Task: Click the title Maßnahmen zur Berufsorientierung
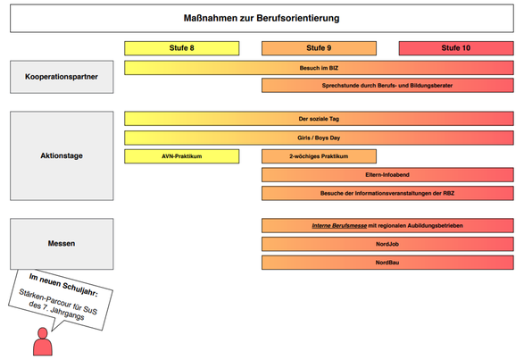pyautogui.click(x=262, y=18)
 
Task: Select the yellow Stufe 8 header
pyautogui.click(x=182, y=48)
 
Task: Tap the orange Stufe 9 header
pyautogui.click(x=319, y=48)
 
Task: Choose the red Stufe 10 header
pyautogui.click(x=456, y=48)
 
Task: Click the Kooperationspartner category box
pyautogui.click(x=62, y=77)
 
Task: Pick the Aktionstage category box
pyautogui.click(x=62, y=156)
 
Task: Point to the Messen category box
pyautogui.click(x=62, y=244)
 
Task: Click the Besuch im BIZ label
pyautogui.click(x=319, y=68)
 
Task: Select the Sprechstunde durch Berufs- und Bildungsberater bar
pyautogui.click(x=387, y=86)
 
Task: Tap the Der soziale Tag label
pyautogui.click(x=319, y=119)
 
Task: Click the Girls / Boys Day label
pyautogui.click(x=319, y=138)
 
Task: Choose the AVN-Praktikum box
pyautogui.click(x=182, y=156)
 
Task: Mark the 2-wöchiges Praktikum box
pyautogui.click(x=319, y=156)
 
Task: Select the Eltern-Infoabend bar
pyautogui.click(x=387, y=175)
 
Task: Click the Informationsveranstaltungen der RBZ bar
pyautogui.click(x=387, y=193)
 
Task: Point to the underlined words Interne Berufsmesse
pyautogui.click(x=339, y=225)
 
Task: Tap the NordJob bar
pyautogui.click(x=387, y=244)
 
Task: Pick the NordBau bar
pyautogui.click(x=387, y=263)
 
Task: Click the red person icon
pyautogui.click(x=43, y=341)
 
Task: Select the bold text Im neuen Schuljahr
pyautogui.click(x=63, y=285)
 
